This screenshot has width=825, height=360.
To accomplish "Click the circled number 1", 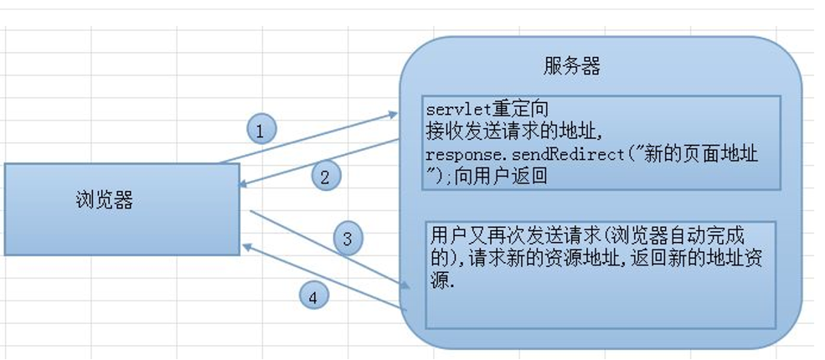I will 260,131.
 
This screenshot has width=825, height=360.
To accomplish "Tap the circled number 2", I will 326,176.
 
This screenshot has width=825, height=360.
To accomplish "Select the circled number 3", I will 348,239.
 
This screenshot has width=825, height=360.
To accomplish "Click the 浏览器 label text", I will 105,200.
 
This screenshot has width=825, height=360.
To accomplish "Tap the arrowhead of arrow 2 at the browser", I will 243,184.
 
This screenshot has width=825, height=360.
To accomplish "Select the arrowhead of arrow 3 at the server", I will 408,285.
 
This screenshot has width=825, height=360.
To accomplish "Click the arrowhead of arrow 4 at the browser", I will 246,245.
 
